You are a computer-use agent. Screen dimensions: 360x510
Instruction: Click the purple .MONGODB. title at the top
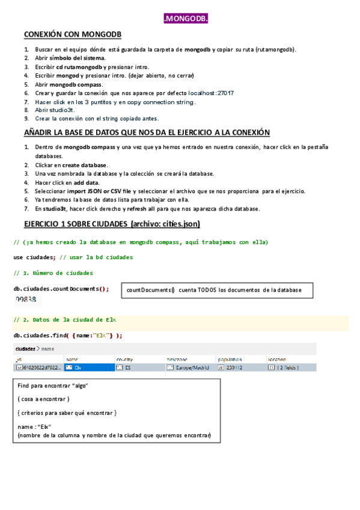pyautogui.click(x=186, y=20)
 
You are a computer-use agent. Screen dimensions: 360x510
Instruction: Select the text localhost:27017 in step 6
pyautogui.click(x=210, y=93)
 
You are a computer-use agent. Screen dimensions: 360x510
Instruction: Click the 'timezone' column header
pyautogui.click(x=177, y=358)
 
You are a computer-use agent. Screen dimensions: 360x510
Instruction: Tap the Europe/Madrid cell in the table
pyautogui.click(x=189, y=367)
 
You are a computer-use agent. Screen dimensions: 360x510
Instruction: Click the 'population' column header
pyautogui.click(x=230, y=358)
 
